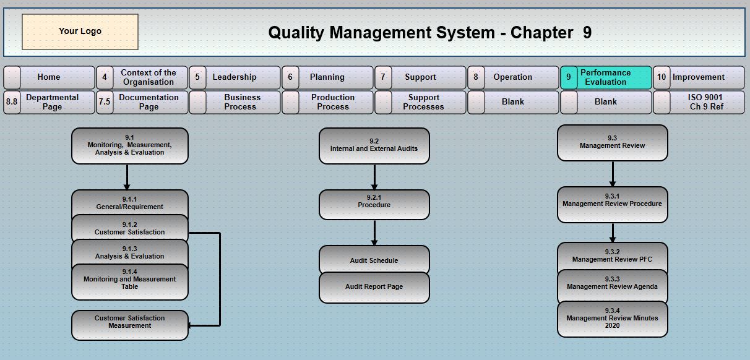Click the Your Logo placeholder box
80,32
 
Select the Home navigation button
49,77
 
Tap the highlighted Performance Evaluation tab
606,77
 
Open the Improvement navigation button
699,77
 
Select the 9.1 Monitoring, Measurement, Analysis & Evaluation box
130,145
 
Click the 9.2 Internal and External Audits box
374,145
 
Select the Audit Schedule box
374,260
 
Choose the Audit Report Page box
374,288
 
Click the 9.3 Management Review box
612,142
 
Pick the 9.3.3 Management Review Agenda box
612,284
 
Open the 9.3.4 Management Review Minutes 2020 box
612,319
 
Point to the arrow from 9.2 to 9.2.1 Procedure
374,177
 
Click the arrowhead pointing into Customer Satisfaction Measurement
191,325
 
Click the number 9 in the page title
587,33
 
